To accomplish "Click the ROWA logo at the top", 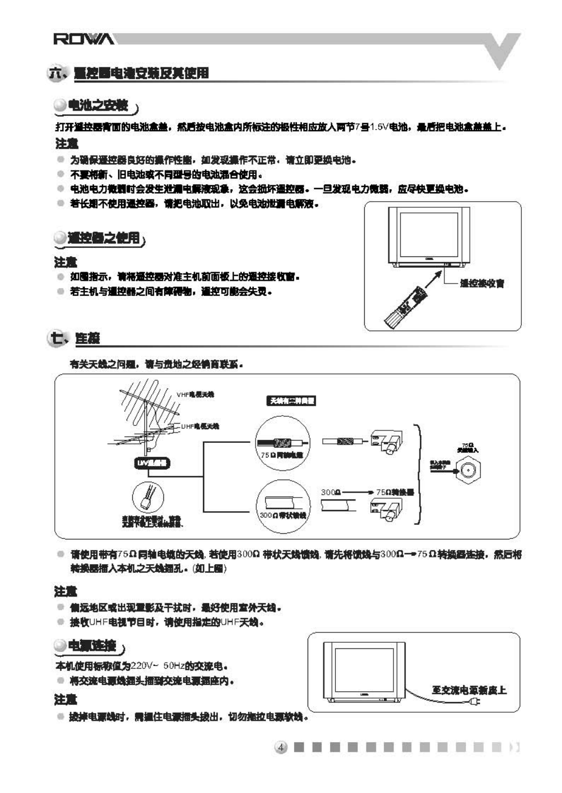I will (x=84, y=39).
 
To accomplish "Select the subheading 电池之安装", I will (x=98, y=106).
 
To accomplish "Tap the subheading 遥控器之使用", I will (x=103, y=238).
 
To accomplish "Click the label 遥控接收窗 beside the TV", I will (x=481, y=283).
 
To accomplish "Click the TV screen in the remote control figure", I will (x=429, y=234).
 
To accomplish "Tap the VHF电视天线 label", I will (x=195, y=394).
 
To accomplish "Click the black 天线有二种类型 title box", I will (x=291, y=400).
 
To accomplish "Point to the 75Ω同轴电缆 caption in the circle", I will (x=282, y=455).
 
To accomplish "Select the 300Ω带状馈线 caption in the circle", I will (x=283, y=515).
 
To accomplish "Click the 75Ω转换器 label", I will (x=395, y=492).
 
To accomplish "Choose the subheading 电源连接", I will (x=92, y=646).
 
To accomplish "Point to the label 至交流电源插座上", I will (x=469, y=690).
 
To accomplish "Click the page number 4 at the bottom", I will (x=281, y=747).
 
